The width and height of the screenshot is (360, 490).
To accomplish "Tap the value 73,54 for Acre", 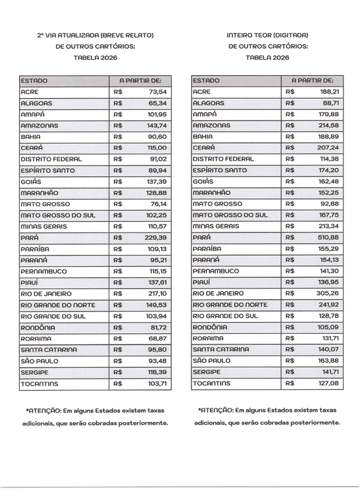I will [158, 92].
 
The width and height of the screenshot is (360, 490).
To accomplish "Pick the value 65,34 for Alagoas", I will [158, 103].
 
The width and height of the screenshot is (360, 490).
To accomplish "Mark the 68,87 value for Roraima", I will [158, 339].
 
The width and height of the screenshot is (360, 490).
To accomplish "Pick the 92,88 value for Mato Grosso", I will [330, 204].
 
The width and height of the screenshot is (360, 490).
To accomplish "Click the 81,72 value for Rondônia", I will [158, 327].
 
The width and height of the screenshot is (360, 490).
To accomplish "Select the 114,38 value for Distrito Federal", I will [328, 159].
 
